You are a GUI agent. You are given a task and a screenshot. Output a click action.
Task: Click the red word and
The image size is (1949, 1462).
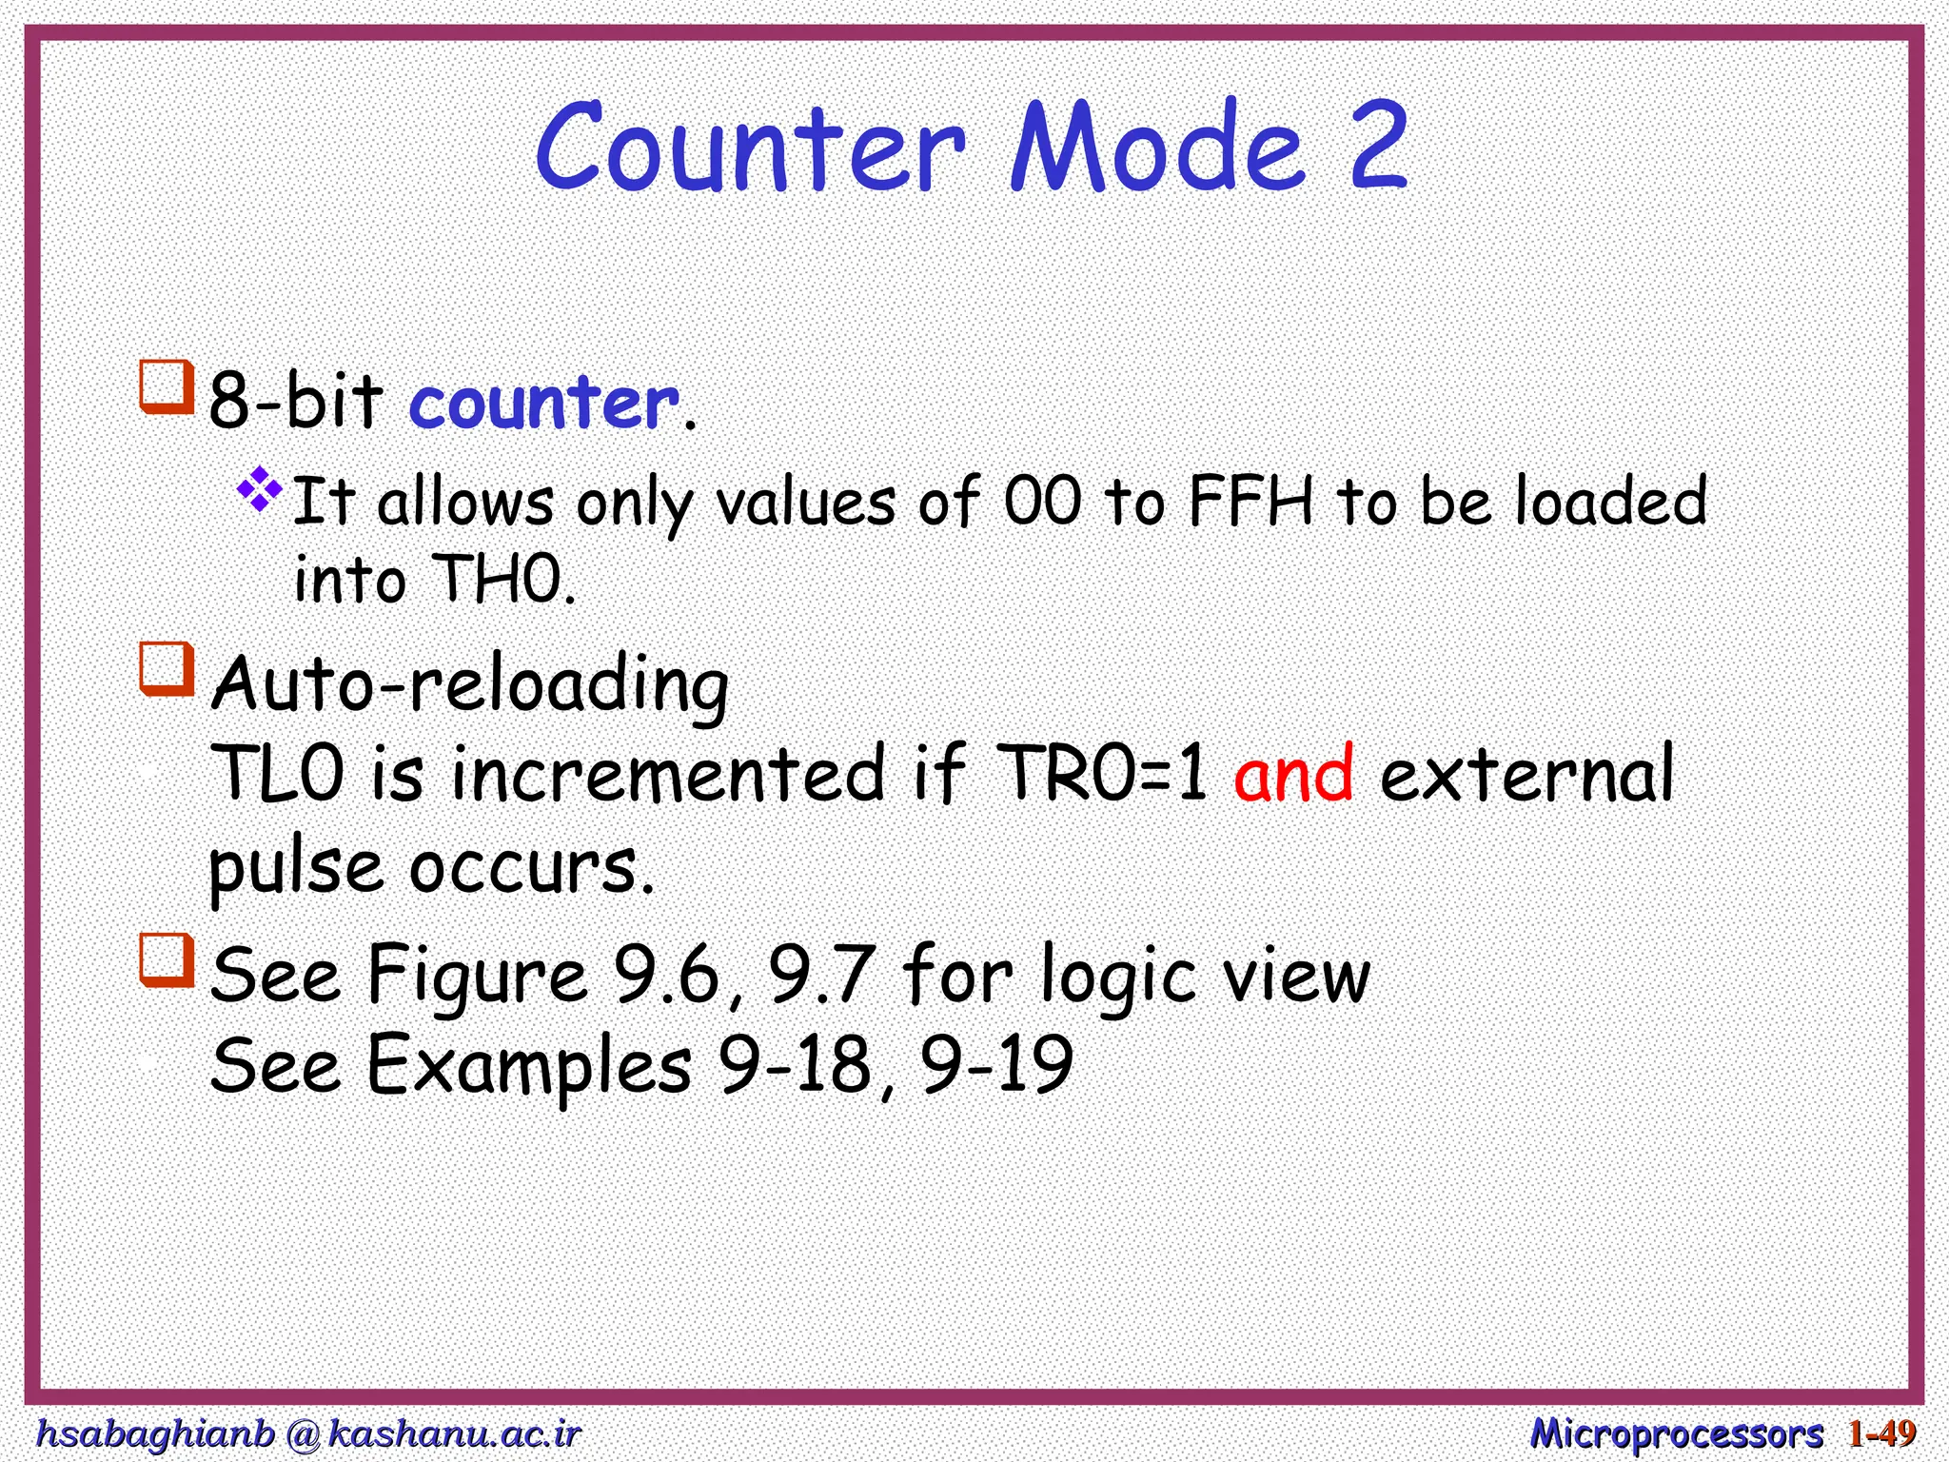[x=1293, y=773]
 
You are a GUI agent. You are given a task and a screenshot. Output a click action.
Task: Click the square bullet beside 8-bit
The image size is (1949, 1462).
[x=167, y=385]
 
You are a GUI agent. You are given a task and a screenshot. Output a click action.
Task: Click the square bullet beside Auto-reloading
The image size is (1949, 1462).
[x=167, y=668]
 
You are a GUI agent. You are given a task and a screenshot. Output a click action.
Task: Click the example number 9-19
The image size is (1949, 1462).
[x=996, y=1065]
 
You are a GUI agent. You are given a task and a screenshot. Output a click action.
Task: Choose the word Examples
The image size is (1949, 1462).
[x=529, y=1065]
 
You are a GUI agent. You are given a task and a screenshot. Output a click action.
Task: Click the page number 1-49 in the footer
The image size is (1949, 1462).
[x=1881, y=1433]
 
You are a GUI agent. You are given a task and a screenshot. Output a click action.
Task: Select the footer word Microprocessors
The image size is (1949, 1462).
[x=1676, y=1433]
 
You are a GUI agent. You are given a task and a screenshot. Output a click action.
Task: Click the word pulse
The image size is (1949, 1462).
[x=296, y=867]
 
